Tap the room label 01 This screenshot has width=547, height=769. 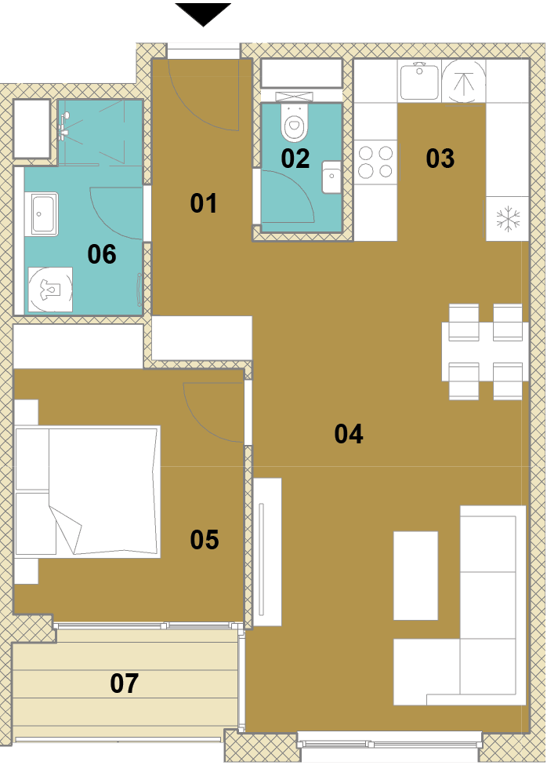[203, 203]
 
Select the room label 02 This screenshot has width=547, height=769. [295, 159]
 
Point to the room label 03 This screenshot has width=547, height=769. [440, 159]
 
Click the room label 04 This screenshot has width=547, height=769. [348, 434]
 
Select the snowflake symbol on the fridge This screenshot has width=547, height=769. [508, 219]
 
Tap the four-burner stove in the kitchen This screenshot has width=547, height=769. [375, 162]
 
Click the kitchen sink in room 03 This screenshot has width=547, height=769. [419, 80]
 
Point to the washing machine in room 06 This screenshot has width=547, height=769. [50, 290]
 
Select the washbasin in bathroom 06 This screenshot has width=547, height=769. [44, 213]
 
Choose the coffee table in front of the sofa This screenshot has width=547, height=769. [416, 575]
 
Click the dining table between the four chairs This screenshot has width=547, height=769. [485, 352]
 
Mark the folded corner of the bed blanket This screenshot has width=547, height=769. [66, 529]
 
